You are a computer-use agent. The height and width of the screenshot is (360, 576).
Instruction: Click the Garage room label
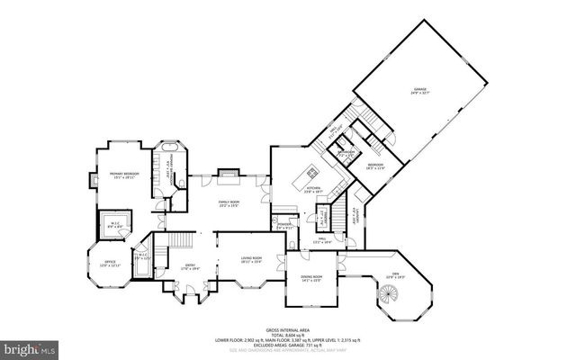coord(419,91)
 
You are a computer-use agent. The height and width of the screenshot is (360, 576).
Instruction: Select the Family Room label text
coord(229,204)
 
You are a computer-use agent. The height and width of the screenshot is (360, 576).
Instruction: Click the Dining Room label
coord(310,279)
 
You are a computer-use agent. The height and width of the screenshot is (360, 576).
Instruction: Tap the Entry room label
coord(190,266)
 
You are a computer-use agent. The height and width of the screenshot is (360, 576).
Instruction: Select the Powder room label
coord(285,226)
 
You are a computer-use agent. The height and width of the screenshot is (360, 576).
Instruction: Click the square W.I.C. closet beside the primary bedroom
coord(116,224)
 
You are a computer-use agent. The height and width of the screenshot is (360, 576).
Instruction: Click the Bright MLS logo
coord(29,346)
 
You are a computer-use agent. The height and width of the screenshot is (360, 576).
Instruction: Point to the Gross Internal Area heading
coord(287,331)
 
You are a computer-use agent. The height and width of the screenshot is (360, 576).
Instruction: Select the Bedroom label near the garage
coord(374,166)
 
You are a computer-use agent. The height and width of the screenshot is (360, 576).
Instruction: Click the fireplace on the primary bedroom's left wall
coord(92,180)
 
